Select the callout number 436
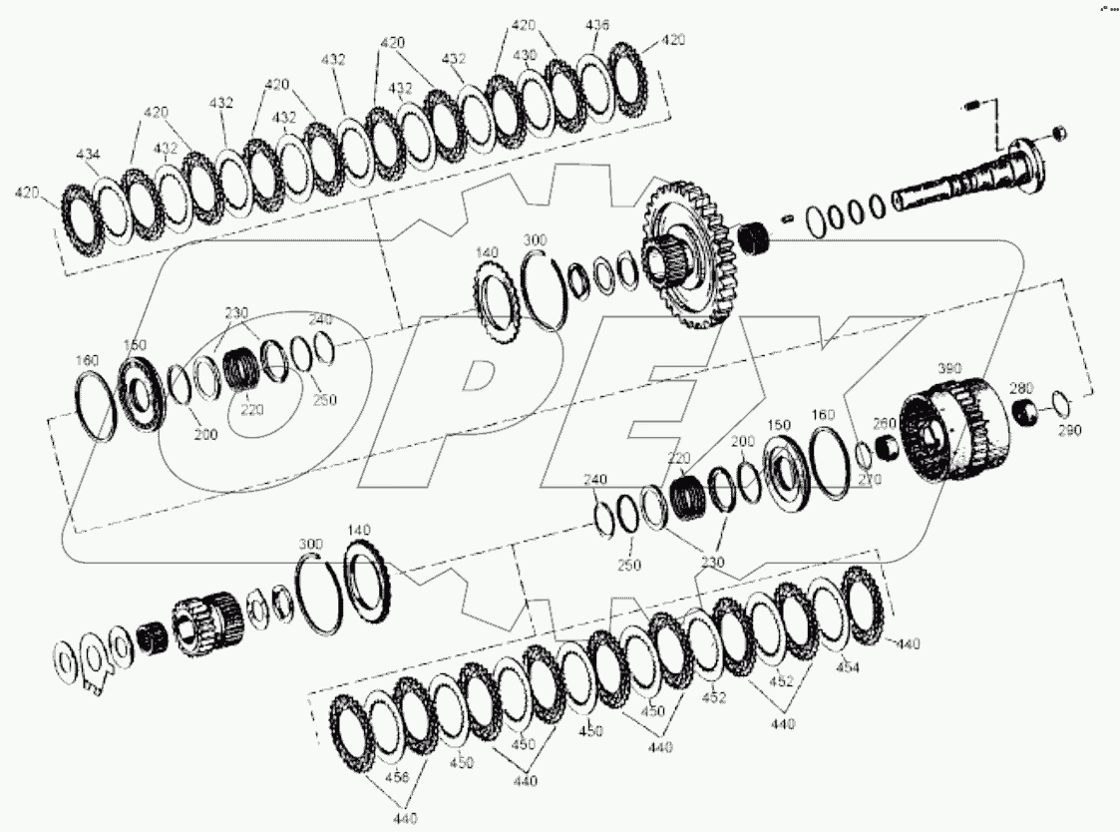pos(597,25)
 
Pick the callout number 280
pos(1020,387)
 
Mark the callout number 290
pos(1069,431)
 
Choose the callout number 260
pos(886,423)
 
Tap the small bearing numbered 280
pos(1021,411)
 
